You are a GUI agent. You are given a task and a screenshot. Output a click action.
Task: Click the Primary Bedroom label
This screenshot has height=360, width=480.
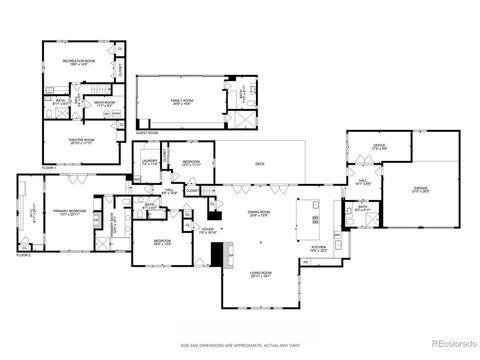[68, 213]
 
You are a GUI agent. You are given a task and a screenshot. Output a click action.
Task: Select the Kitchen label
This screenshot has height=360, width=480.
[318, 248]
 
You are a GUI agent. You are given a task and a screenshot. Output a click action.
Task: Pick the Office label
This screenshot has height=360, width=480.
[379, 148]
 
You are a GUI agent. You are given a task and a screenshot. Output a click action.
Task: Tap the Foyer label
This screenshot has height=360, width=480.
[208, 231]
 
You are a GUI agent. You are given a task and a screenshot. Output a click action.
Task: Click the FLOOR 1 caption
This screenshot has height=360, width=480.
[49, 167]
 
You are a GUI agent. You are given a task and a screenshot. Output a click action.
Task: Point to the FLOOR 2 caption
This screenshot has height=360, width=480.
[24, 256]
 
